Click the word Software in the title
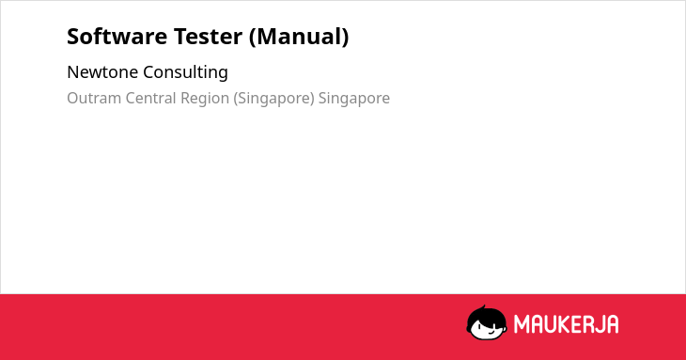[x=117, y=37]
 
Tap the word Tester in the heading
[x=208, y=37]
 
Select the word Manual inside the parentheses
[x=299, y=37]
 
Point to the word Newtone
[x=102, y=72]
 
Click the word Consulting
[x=185, y=72]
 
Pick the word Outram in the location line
[x=94, y=98]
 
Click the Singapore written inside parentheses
[x=273, y=99]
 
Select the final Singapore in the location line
[x=354, y=99]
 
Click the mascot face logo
[x=487, y=322]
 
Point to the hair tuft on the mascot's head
[x=483, y=307]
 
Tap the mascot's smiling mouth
[x=491, y=332]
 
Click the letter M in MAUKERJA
[x=522, y=324]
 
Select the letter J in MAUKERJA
[x=599, y=324]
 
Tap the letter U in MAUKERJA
[x=553, y=324]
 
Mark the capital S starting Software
[x=73, y=37]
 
